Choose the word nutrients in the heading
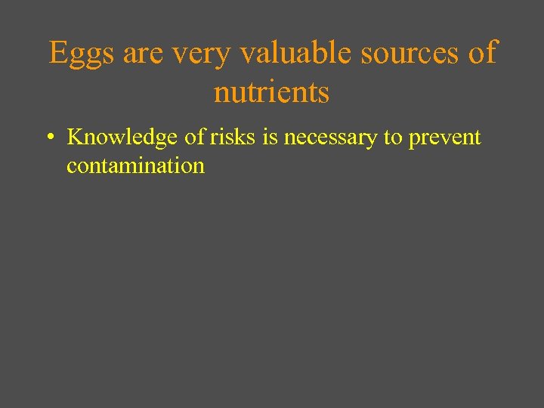tap(272, 92)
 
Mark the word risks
tap(232, 138)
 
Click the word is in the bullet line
tap(270, 138)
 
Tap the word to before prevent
tap(393, 138)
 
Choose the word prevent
tap(445, 138)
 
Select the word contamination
tap(135, 165)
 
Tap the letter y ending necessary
tap(375, 141)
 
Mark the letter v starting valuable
tap(247, 55)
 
